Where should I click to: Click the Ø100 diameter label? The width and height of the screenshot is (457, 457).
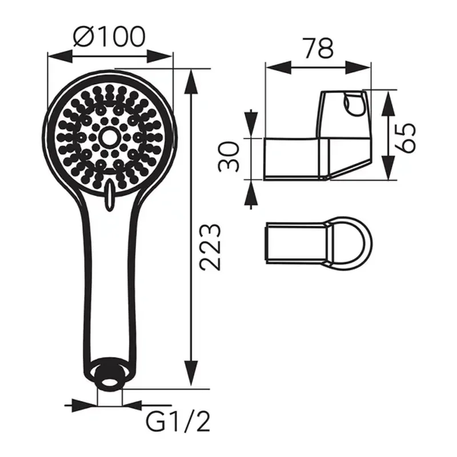coord(109,37)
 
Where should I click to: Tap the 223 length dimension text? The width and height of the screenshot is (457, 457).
coord(211,247)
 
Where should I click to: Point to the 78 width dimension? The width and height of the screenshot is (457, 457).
coord(318,49)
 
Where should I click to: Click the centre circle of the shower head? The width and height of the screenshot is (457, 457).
coord(109,137)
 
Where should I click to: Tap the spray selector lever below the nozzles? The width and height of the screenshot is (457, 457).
coord(109,195)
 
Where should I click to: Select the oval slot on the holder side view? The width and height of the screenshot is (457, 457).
coord(350,103)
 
